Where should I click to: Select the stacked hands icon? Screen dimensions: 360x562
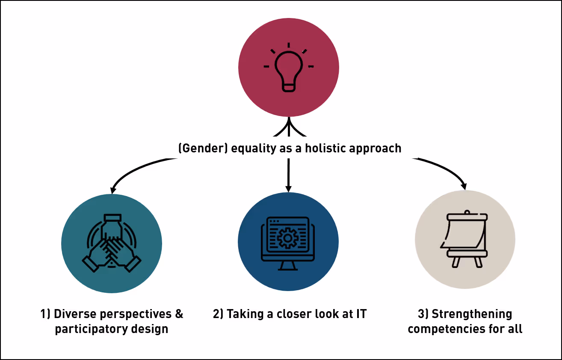111,243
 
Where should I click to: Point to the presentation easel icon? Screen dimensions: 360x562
464,240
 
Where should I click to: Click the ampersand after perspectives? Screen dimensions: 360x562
179,314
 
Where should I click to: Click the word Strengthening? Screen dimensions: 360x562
471,314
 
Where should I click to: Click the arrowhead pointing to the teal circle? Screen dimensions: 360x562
113,190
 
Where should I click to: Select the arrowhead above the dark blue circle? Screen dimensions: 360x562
288,188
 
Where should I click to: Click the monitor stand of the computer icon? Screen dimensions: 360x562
288,266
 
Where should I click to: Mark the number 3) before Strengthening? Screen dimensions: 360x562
423,314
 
